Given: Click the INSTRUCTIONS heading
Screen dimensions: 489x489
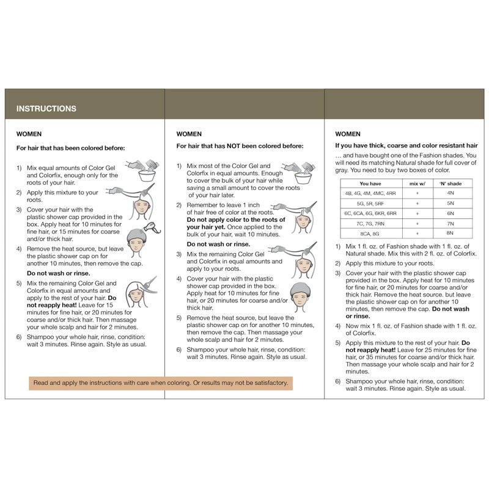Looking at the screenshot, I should point(46,109).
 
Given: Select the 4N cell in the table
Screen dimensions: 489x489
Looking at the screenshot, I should point(450,193).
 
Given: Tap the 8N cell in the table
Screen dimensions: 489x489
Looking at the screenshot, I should point(450,233).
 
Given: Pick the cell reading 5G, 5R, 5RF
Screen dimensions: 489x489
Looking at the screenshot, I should point(372,203).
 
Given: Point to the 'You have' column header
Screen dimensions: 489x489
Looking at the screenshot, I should point(372,183).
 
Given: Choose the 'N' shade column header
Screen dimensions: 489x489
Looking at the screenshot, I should point(450,183).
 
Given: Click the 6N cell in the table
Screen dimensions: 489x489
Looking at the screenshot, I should point(450,213).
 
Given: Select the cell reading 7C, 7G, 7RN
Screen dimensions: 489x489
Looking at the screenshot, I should point(372,223).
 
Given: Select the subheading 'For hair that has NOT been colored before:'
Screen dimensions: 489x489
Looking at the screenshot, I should point(240,146).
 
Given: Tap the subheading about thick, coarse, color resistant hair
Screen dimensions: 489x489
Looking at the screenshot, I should point(406,145).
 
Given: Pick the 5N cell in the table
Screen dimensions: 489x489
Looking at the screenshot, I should point(450,203).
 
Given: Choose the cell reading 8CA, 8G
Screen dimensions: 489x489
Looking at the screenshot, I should point(372,233).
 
